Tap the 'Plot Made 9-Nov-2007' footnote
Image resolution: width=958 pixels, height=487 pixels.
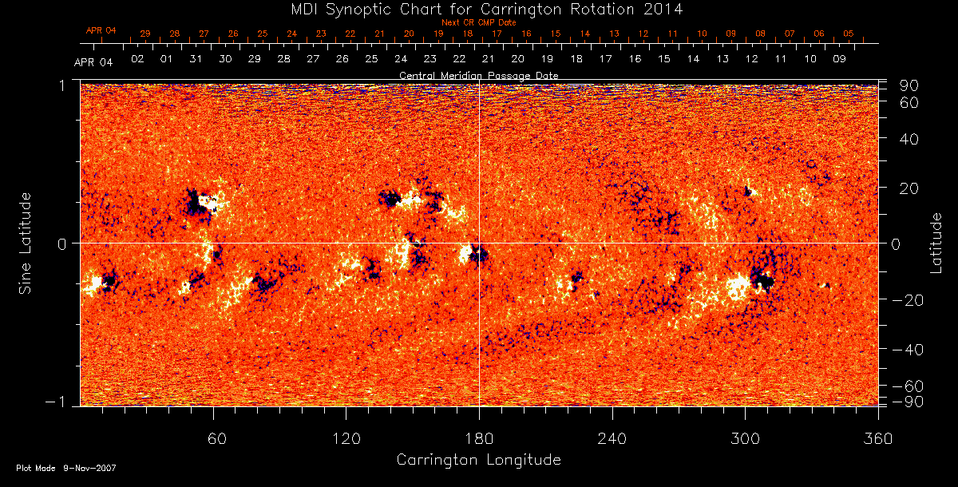(x=66, y=468)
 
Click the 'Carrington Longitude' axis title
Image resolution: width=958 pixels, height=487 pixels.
(x=478, y=460)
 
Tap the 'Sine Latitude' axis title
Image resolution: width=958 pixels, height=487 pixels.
(x=26, y=242)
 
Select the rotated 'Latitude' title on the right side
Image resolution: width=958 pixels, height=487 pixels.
(x=936, y=242)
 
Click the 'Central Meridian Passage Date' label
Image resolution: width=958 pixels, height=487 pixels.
(x=478, y=75)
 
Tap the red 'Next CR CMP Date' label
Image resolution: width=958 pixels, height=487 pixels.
(x=478, y=22)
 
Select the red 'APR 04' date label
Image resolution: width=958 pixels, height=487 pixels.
(x=101, y=30)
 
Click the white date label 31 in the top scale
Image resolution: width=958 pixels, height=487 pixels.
(x=196, y=59)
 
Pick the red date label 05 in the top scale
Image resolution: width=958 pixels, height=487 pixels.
(x=848, y=34)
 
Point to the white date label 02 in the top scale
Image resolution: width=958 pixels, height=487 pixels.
(x=137, y=59)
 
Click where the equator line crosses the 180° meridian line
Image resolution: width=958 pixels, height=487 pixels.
(x=479, y=243)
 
